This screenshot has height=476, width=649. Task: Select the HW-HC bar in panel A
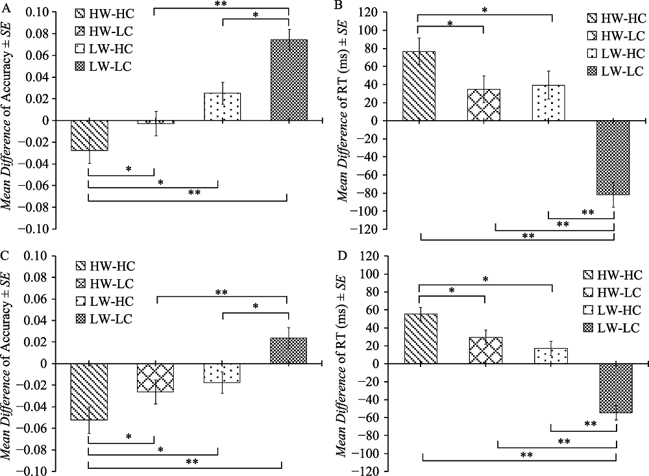89,135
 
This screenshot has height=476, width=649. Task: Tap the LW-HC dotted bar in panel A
222,106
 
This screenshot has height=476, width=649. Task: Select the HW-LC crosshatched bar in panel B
484,105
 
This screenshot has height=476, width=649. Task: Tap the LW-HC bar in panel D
550,356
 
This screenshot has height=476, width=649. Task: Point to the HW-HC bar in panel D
421,338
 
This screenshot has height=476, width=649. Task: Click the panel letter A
8,8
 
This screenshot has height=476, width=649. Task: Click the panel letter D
337,254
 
